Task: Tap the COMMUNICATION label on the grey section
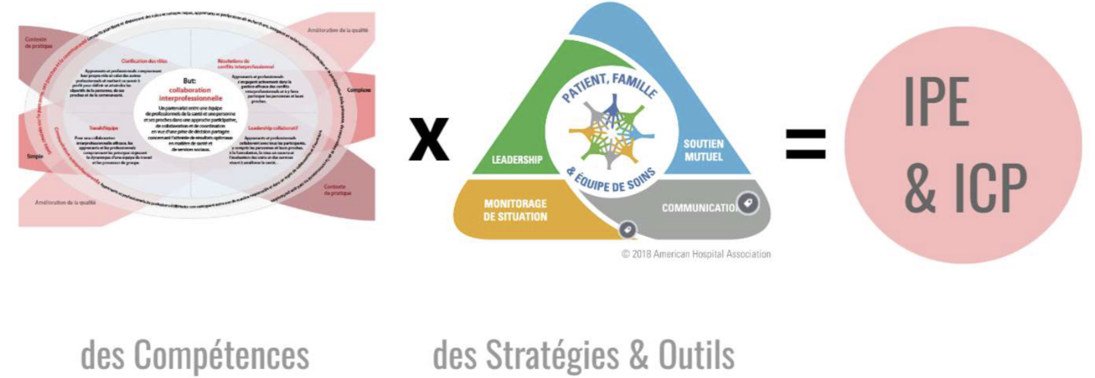pos(700,208)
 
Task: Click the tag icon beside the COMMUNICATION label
pos(749,203)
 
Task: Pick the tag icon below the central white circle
pos(626,229)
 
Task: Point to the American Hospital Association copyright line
pos(695,254)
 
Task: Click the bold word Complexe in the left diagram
pos(359,89)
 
